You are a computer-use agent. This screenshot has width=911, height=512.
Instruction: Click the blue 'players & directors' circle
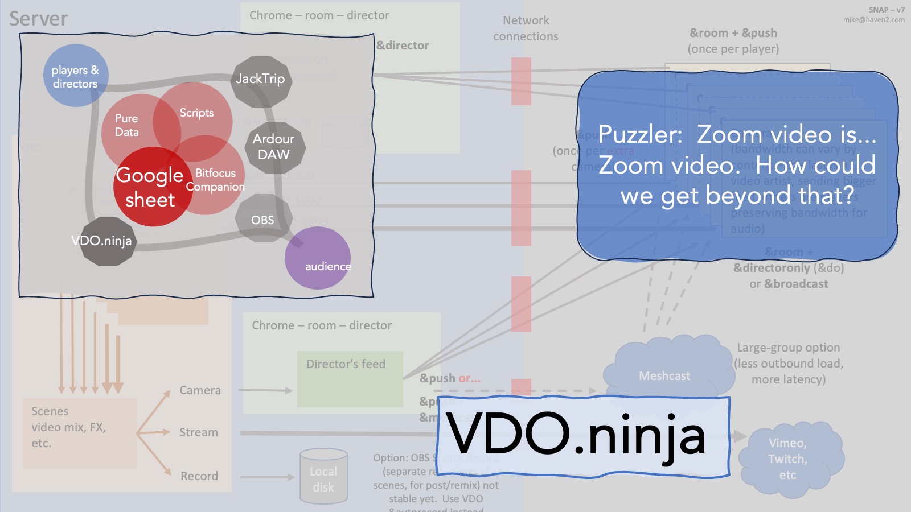(75, 76)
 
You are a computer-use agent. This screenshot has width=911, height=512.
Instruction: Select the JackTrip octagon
(261, 80)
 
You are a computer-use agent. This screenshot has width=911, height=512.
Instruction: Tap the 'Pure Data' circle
(127, 126)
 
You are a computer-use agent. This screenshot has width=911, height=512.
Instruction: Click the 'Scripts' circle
(197, 113)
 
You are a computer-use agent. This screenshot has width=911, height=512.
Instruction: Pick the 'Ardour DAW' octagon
(274, 147)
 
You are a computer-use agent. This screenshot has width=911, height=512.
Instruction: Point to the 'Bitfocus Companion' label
(215, 180)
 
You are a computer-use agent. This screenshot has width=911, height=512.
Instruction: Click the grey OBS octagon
(262, 220)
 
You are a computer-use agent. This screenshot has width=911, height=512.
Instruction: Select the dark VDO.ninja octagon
(102, 241)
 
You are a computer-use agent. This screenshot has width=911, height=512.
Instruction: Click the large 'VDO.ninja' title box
(583, 436)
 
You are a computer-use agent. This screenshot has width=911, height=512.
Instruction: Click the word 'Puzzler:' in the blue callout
(640, 135)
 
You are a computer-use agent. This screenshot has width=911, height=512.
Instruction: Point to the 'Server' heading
(39, 19)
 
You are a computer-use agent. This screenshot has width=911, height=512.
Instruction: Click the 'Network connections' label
(526, 28)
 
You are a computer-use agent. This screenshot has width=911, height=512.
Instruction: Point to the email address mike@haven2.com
(873, 20)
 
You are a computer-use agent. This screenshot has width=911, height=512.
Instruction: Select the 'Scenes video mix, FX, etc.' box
(80, 433)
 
